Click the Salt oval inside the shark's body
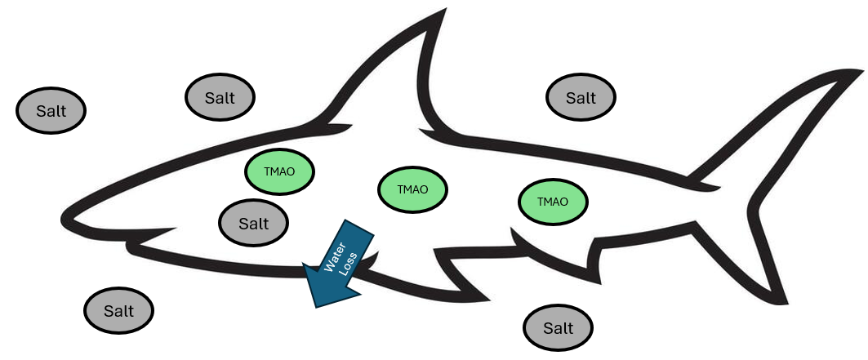pos(254,222)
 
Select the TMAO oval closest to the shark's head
pos(280,172)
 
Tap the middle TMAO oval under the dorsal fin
pos(413,189)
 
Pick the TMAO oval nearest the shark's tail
pos(554,201)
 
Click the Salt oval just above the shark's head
pos(220,98)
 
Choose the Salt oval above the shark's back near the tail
pos(581,98)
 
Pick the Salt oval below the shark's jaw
pos(119,311)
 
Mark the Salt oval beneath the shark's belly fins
pos(559,328)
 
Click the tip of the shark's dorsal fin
pos(446,13)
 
